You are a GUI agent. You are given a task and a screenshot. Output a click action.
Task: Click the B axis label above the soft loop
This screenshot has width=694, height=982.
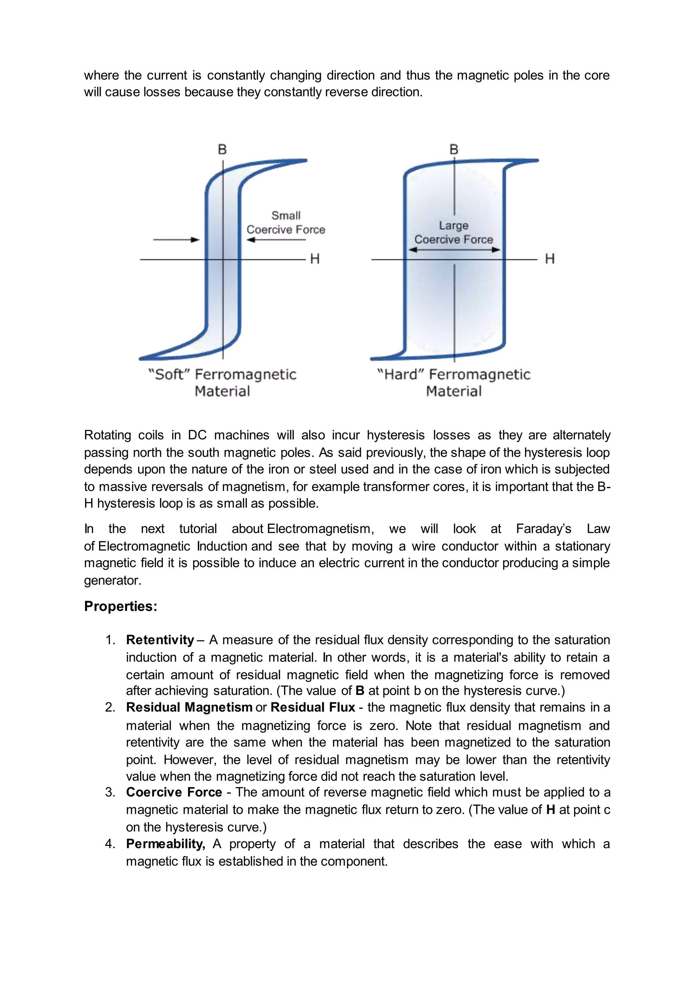pyautogui.click(x=222, y=150)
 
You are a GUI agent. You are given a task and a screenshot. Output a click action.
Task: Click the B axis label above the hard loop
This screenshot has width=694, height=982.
pyautogui.click(x=454, y=150)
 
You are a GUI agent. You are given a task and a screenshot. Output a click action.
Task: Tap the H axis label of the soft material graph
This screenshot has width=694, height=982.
pyautogui.click(x=315, y=259)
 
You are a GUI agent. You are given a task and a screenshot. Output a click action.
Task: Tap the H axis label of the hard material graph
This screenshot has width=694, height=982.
pyautogui.click(x=550, y=259)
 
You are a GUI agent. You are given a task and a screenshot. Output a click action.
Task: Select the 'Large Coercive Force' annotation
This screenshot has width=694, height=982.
pyautogui.click(x=453, y=232)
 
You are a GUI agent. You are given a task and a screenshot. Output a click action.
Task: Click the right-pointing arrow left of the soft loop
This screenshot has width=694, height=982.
pyautogui.click(x=176, y=240)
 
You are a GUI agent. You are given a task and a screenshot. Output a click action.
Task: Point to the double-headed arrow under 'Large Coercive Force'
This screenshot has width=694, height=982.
pyautogui.click(x=454, y=250)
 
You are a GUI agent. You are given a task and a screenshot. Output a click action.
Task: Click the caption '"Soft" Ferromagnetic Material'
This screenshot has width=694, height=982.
pyautogui.click(x=222, y=383)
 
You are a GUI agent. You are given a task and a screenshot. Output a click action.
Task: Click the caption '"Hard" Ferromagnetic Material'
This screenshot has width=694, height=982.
pyautogui.click(x=454, y=383)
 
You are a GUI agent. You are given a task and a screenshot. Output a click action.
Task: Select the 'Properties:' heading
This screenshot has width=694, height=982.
pyautogui.click(x=121, y=607)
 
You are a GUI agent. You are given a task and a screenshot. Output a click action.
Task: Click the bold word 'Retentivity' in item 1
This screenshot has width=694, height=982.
pyautogui.click(x=160, y=640)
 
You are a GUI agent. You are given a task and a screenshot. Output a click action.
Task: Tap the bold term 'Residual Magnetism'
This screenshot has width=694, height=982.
pyautogui.click(x=189, y=707)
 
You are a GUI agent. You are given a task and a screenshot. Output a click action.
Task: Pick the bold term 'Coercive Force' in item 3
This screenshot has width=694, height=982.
pyautogui.click(x=174, y=792)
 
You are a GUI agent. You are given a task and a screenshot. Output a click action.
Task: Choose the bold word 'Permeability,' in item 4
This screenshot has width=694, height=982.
pyautogui.click(x=165, y=844)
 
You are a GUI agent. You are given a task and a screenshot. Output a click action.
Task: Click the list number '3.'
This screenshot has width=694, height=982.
pyautogui.click(x=110, y=792)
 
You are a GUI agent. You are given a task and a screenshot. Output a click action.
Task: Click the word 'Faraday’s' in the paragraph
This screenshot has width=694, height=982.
pyautogui.click(x=543, y=529)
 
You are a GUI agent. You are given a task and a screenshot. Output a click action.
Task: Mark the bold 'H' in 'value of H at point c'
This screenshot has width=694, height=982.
pyautogui.click(x=550, y=810)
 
